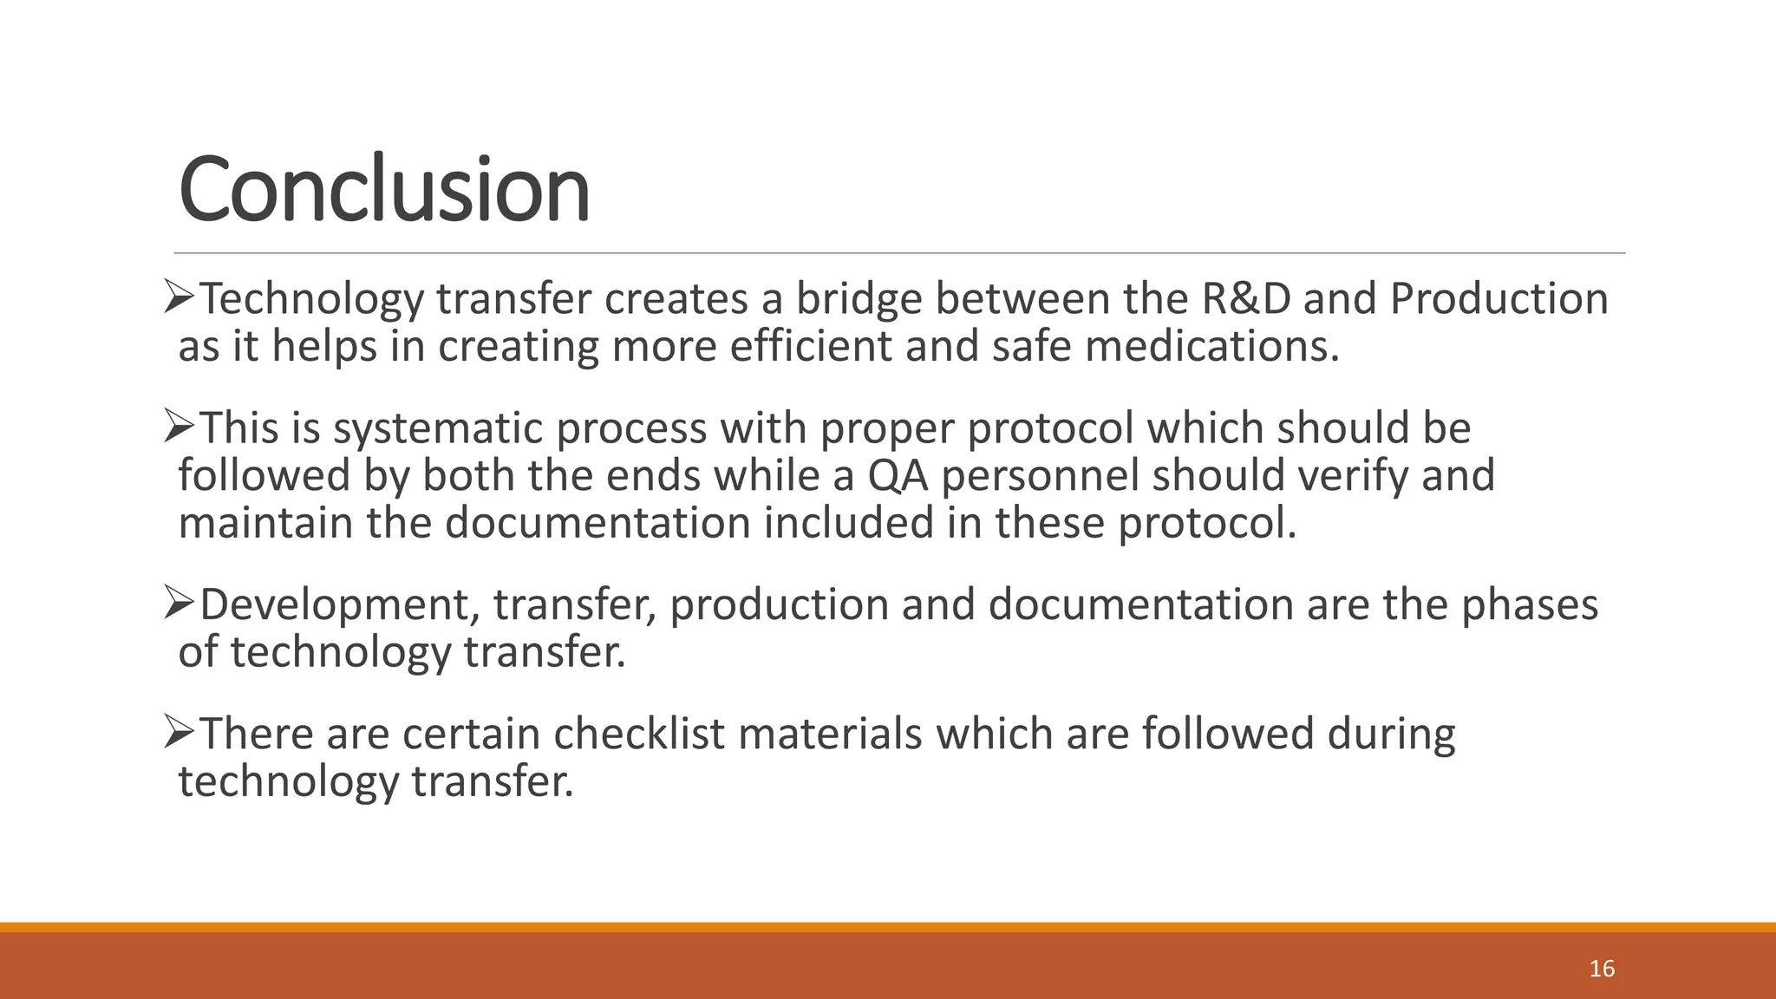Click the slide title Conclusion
384,189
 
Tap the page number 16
1602,969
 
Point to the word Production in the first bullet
1499,299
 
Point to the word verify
1359,476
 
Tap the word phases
1530,604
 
